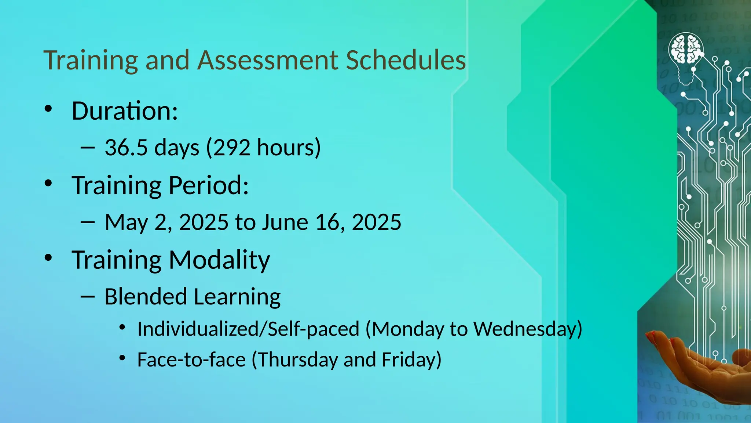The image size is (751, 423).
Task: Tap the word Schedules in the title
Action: (406, 60)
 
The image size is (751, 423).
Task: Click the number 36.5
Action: (126, 148)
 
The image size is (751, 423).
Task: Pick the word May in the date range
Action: (126, 223)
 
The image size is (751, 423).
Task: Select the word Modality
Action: (219, 260)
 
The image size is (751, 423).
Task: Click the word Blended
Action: (146, 297)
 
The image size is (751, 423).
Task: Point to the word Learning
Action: (237, 297)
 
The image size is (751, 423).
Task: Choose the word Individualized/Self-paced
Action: (248, 329)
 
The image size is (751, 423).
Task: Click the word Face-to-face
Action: (191, 360)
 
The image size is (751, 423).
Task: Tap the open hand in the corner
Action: (697, 364)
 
